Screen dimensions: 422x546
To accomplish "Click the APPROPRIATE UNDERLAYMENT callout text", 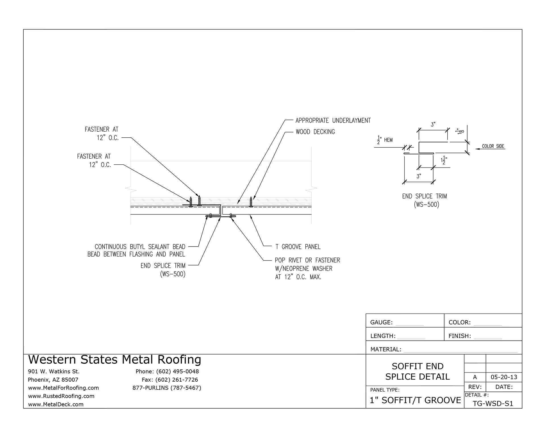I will [x=333, y=121].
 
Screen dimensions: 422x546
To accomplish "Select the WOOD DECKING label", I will [x=315, y=132].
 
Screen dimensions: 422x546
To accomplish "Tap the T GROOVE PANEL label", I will [x=298, y=247].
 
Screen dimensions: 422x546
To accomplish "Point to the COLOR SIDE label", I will [x=493, y=146].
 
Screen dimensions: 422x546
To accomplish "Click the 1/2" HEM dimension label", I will [x=385, y=140].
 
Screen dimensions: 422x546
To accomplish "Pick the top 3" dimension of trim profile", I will [x=433, y=125].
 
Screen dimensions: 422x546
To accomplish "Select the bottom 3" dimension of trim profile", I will [x=419, y=176].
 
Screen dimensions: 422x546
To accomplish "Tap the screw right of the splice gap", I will [x=251, y=202].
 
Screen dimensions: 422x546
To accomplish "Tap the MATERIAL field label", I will [x=386, y=349].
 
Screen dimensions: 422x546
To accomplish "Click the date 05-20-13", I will [x=504, y=377].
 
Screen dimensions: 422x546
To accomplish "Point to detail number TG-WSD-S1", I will [x=493, y=404].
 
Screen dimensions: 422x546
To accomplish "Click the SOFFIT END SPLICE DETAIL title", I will [x=417, y=371].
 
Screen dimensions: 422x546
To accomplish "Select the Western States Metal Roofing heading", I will [x=115, y=360].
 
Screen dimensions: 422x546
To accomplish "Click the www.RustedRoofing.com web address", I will [x=61, y=396].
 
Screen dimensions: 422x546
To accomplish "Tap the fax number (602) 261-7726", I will [x=170, y=380].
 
